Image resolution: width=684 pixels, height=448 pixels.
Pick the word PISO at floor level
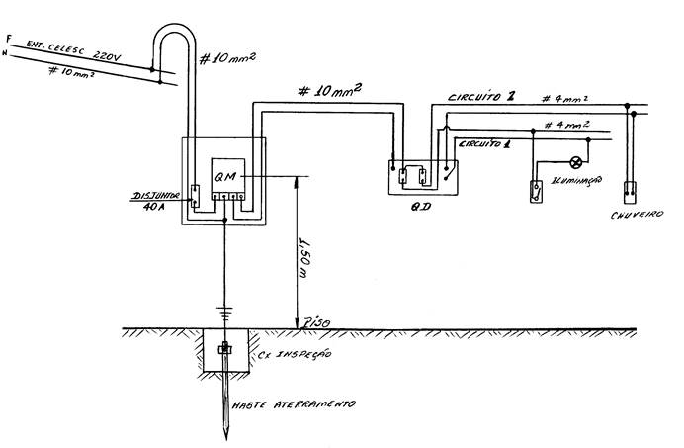tap(315, 322)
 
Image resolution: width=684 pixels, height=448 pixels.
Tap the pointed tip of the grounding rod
tap(226, 435)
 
